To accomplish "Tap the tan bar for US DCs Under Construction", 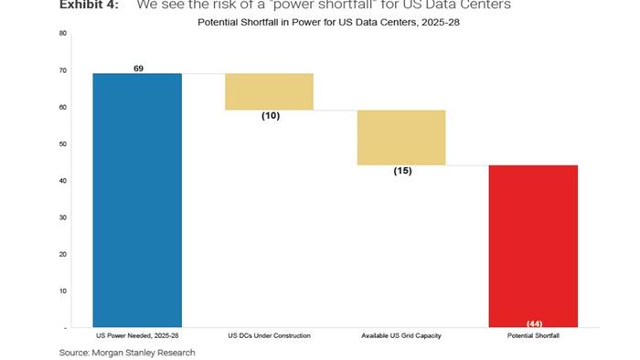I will click(270, 91).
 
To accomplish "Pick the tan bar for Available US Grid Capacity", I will click(401, 137).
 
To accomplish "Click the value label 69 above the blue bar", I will click(138, 69).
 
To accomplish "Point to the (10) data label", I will click(270, 116).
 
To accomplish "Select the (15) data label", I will click(401, 171).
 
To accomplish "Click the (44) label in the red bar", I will click(533, 323).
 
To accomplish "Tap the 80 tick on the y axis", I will click(63, 34).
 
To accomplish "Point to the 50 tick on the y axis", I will click(63, 144).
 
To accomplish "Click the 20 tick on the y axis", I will click(63, 254).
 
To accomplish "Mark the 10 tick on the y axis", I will click(63, 291).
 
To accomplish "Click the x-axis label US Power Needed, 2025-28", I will click(138, 336).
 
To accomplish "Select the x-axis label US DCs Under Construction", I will click(270, 336).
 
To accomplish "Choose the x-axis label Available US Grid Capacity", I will click(401, 336).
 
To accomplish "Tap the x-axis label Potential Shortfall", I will click(533, 336).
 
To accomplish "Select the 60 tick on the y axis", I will click(63, 107).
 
